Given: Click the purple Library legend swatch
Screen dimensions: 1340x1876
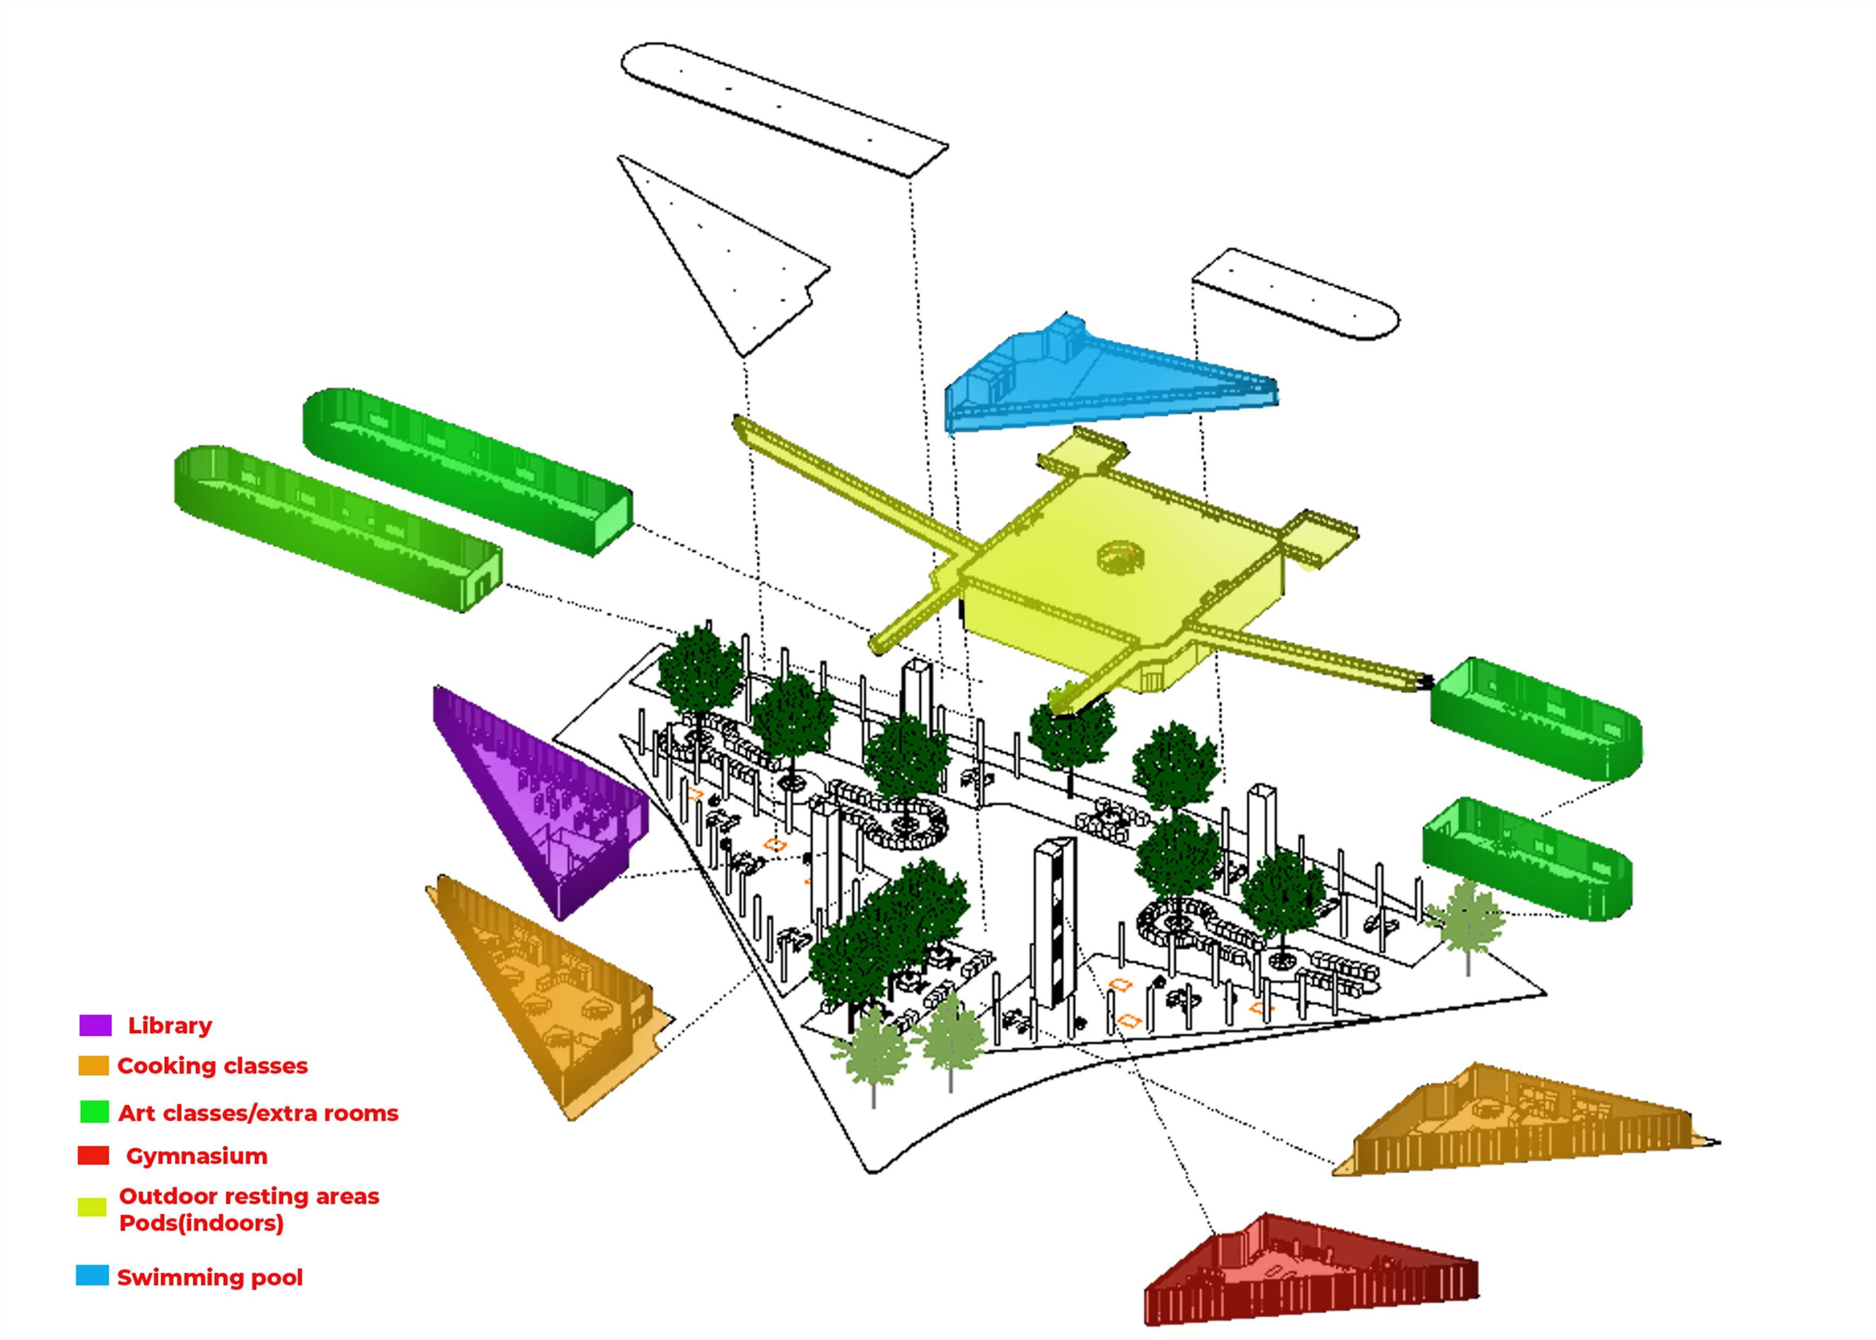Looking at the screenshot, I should pyautogui.click(x=95, y=1026).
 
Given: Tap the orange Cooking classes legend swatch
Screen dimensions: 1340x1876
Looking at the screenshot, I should pyautogui.click(x=93, y=1066).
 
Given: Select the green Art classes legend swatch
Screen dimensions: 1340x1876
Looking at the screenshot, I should pyautogui.click(x=94, y=1113).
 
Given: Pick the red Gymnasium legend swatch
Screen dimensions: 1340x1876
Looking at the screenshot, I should pyautogui.click(x=93, y=1155).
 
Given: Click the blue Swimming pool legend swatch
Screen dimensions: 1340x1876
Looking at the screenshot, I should pyautogui.click(x=92, y=1276).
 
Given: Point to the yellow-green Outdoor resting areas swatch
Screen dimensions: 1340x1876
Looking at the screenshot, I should pyautogui.click(x=92, y=1207).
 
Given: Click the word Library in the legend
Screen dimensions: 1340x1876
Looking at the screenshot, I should pyautogui.click(x=170, y=1026).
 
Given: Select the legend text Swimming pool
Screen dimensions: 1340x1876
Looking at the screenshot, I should pyautogui.click(x=210, y=1277).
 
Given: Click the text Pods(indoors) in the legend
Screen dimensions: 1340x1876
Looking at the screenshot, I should pyautogui.click(x=202, y=1223).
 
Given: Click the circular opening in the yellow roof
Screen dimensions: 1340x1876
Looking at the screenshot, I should pyautogui.click(x=1121, y=557).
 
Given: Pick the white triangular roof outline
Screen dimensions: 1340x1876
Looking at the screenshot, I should pyautogui.click(x=718, y=264).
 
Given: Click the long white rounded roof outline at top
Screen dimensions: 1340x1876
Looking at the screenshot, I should pyautogui.click(x=783, y=108).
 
